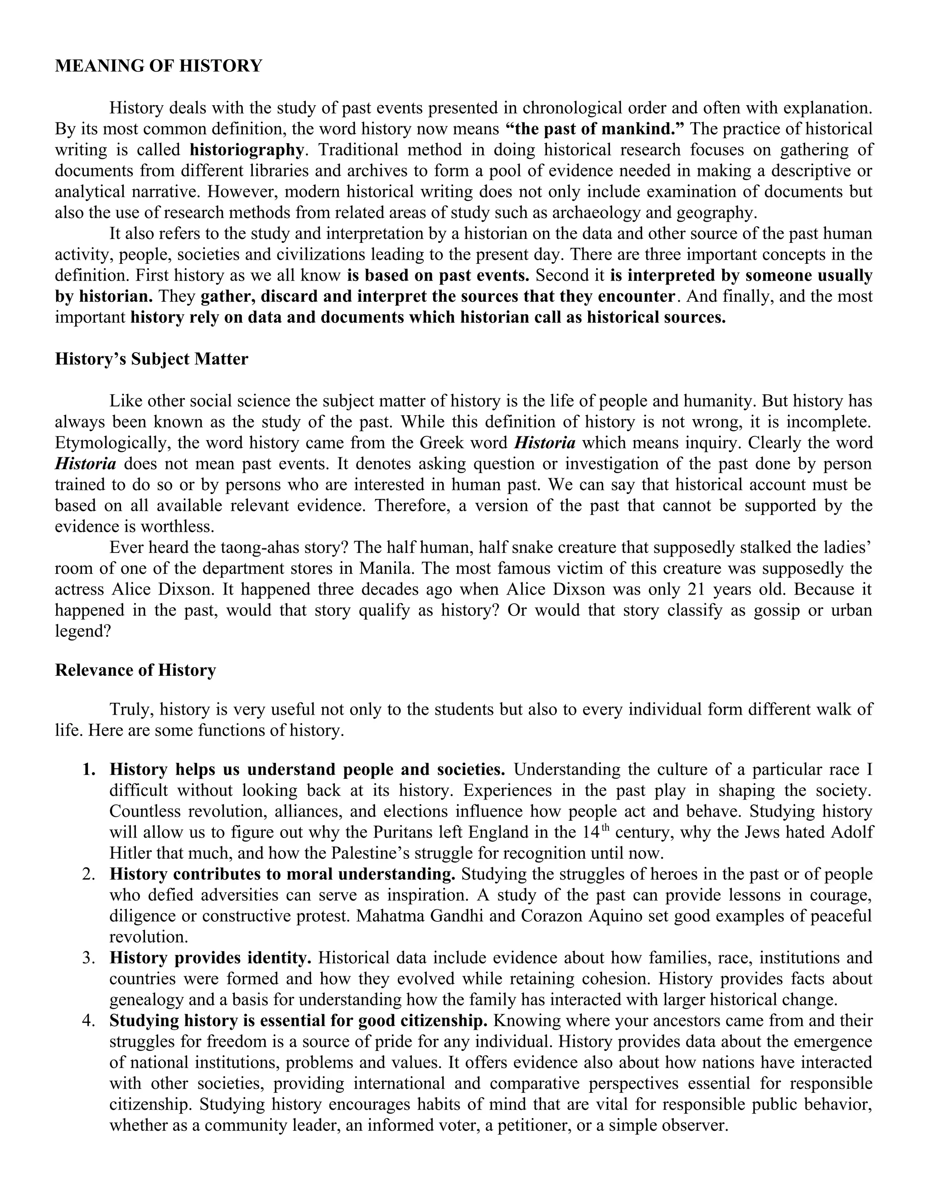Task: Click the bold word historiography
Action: coord(246,150)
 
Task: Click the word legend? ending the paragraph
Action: coord(83,631)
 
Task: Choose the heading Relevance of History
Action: coord(135,670)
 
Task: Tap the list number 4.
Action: coord(88,1021)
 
